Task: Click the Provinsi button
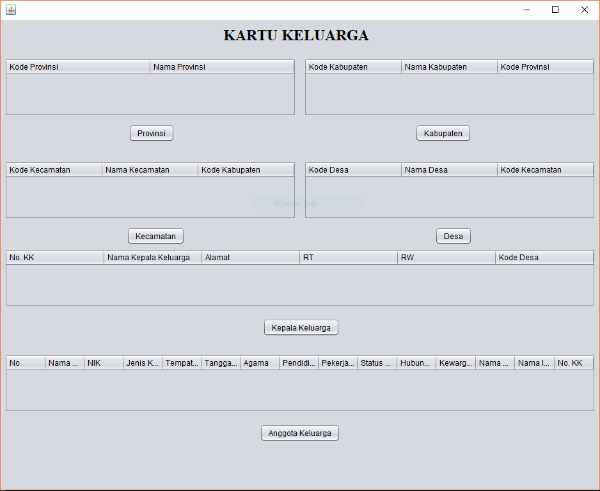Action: [152, 133]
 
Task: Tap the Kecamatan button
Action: [155, 236]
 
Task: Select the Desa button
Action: [454, 236]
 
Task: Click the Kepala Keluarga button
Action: [301, 327]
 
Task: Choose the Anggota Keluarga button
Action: [299, 433]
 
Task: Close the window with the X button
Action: [584, 10]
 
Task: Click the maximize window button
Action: [555, 10]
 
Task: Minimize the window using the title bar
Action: [526, 10]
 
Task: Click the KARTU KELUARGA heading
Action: [296, 36]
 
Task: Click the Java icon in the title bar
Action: [11, 10]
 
